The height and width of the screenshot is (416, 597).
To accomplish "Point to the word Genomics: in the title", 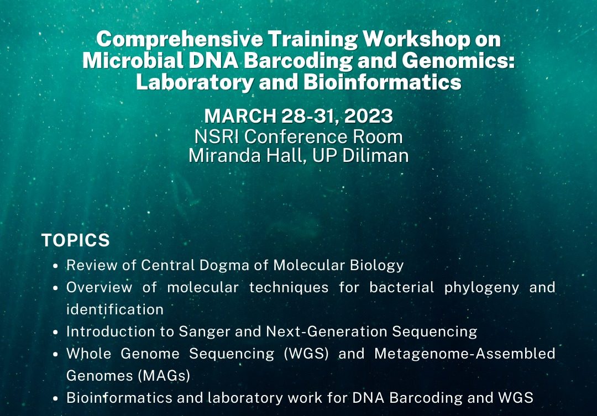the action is coord(458,61).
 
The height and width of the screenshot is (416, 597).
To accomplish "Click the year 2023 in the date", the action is coord(369,115).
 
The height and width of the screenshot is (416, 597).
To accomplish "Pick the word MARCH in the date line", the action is coord(240,115).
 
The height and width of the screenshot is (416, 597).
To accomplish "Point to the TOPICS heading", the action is coord(75,240).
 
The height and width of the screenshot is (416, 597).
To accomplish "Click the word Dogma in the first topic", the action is coord(224,265).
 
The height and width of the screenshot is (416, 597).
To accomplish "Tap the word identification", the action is coord(115,309).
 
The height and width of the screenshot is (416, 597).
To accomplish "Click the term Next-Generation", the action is coord(327,331).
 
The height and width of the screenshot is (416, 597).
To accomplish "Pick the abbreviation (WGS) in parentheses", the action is coord(306,354).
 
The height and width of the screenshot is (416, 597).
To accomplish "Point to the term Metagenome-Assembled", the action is coord(465,354).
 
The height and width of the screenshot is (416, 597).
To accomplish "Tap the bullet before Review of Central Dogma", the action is coord(56,266).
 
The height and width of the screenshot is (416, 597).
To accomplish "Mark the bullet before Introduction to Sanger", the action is coord(56,332).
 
